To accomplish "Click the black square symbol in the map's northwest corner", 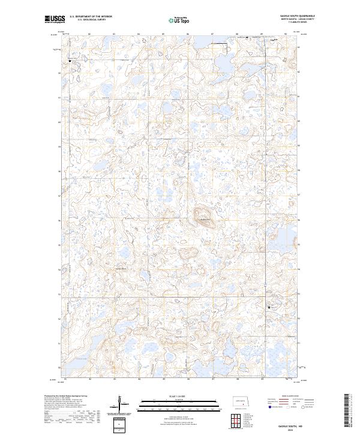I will pyautogui.click(x=70, y=61).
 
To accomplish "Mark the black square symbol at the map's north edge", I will pyautogui.click(x=247, y=38).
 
